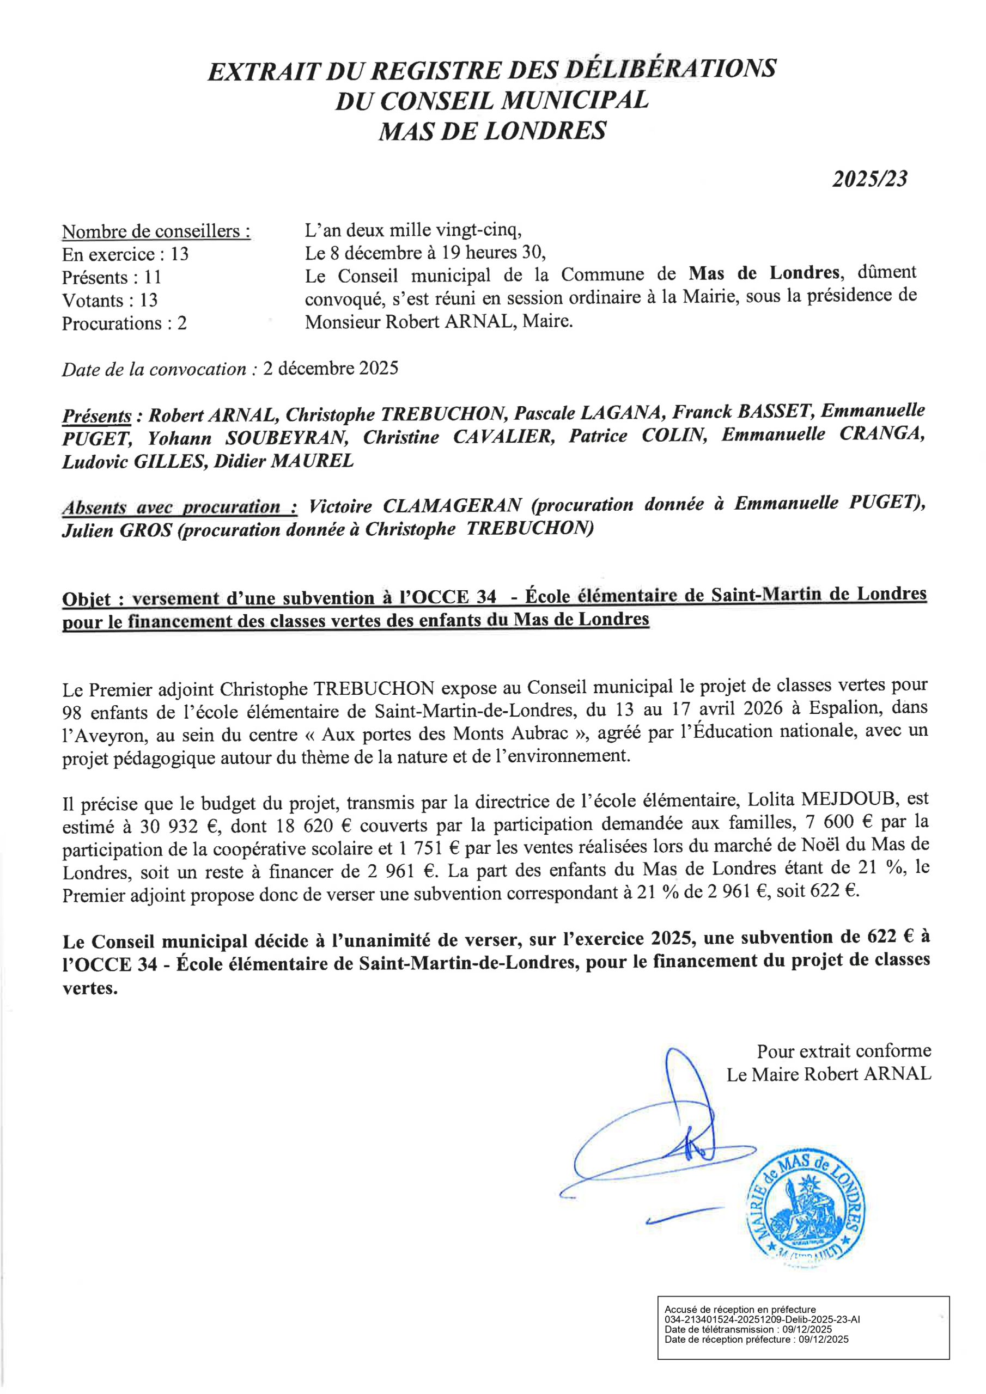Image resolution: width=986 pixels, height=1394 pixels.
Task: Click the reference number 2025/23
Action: click(869, 179)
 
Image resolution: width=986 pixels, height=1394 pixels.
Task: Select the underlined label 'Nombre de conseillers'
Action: click(156, 231)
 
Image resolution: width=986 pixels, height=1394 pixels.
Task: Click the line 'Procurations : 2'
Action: click(124, 323)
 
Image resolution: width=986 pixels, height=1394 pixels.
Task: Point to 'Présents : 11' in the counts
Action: click(111, 278)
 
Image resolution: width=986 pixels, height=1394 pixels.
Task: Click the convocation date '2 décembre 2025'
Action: click(331, 369)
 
